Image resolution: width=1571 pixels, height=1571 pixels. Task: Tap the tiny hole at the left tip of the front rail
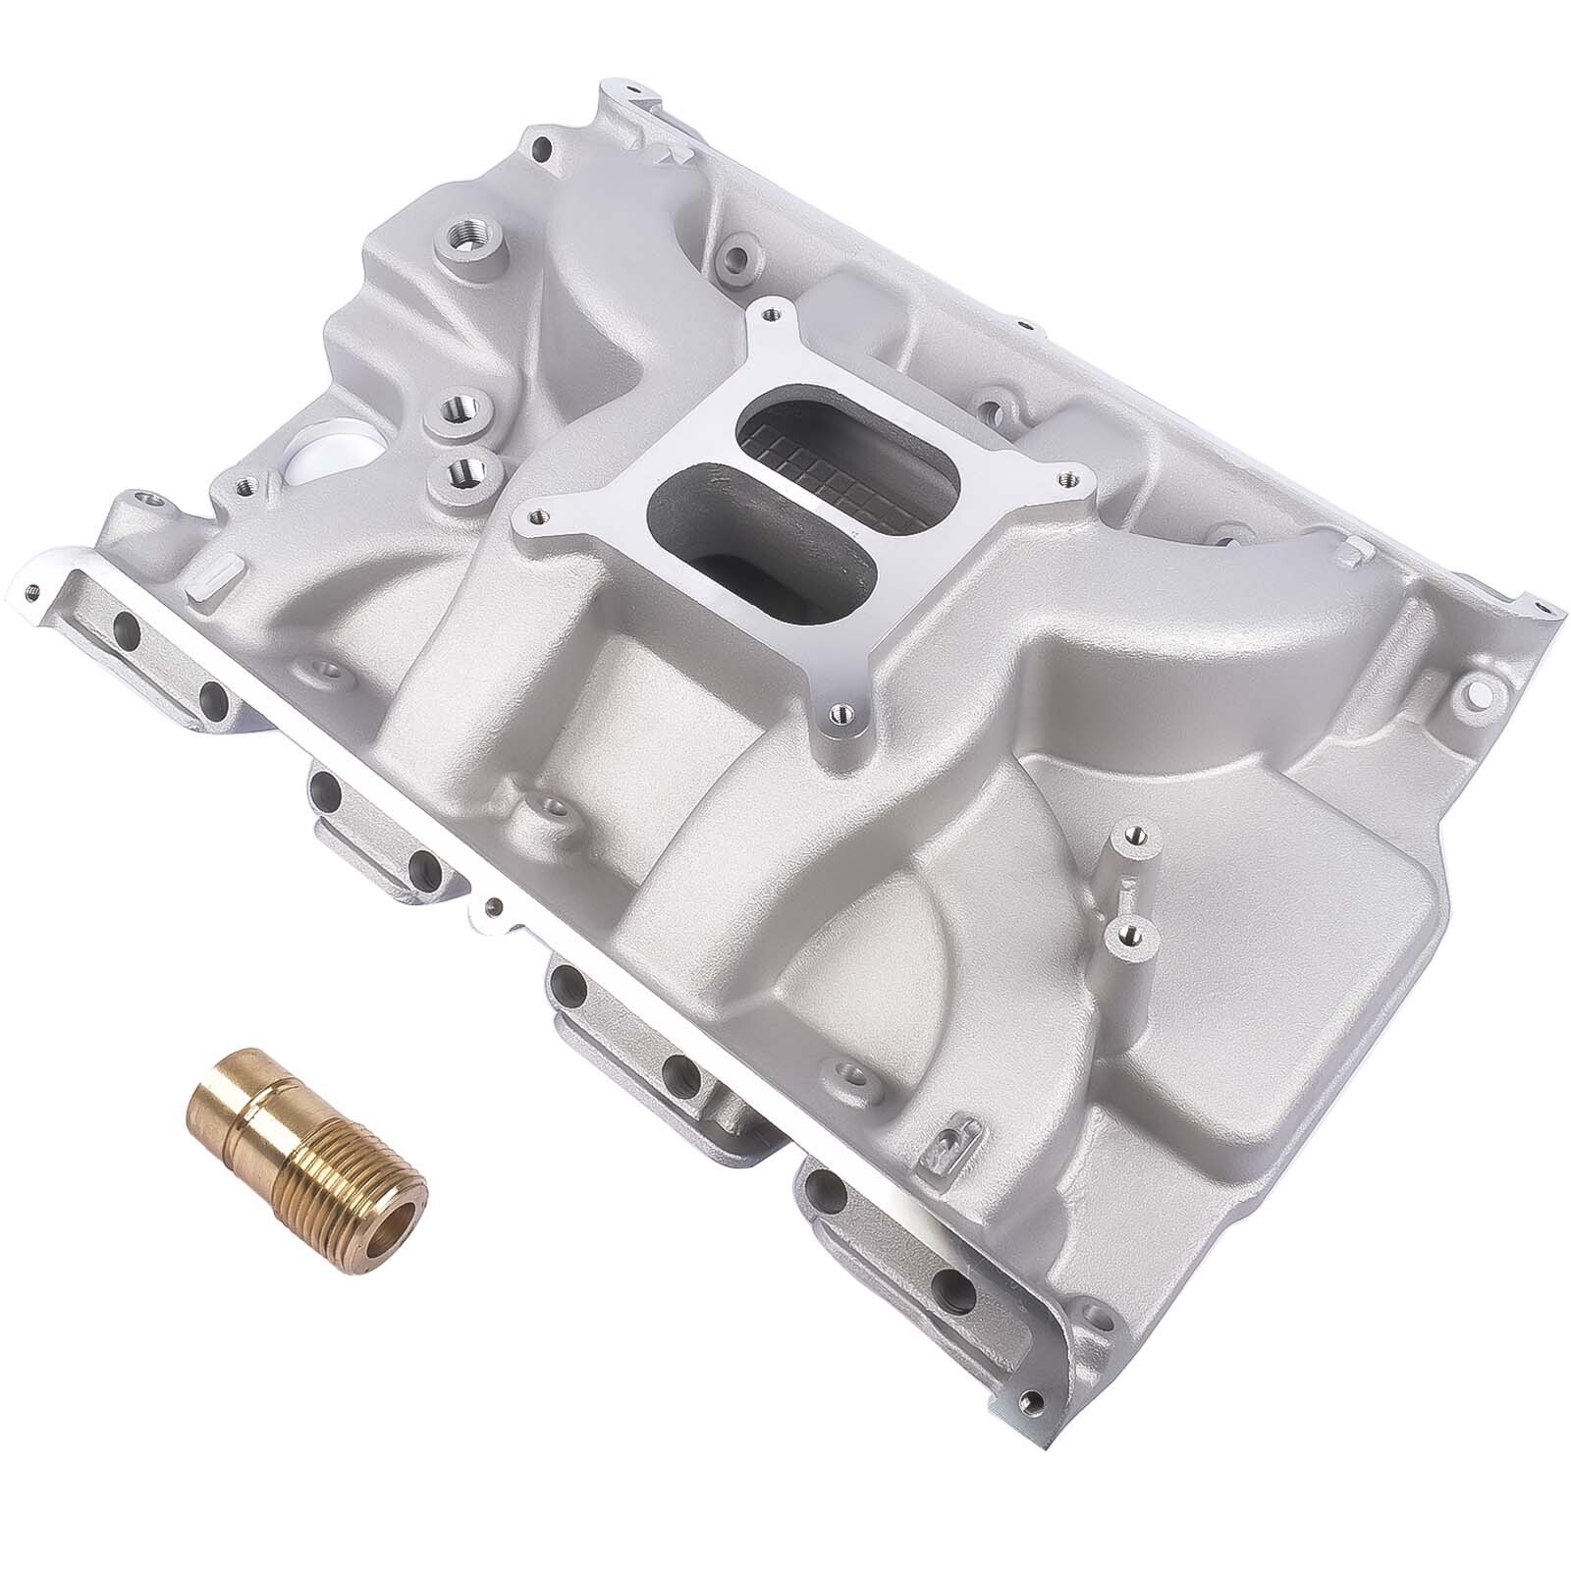click(x=33, y=591)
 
